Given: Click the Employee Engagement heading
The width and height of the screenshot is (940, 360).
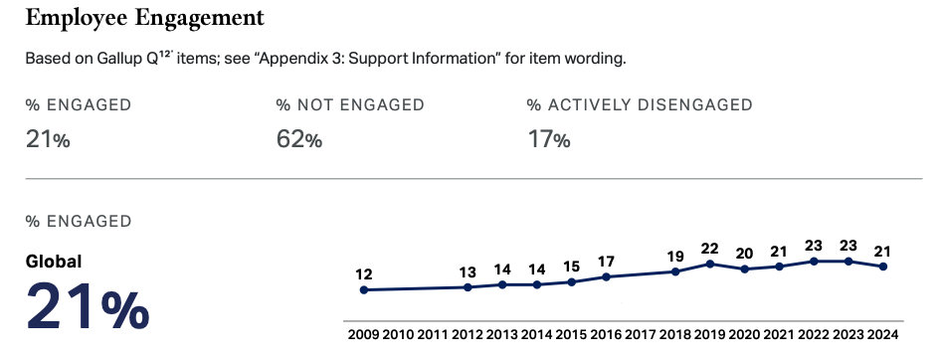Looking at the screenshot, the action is pos(144,19).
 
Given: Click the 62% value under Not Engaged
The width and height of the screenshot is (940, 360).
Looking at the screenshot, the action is pos(299,139).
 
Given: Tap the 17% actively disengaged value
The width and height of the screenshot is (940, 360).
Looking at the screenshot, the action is pos(548,139).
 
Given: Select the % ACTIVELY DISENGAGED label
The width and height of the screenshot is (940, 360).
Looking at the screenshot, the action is pos(640,104).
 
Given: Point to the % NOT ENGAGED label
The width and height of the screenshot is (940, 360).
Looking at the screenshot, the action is pos(350,104).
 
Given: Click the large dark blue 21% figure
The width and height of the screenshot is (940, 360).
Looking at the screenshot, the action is pos(88,305).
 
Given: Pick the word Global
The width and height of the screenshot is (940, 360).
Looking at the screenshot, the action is pos(54,262).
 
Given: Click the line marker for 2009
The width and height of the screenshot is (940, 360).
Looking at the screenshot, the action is pos(363,290).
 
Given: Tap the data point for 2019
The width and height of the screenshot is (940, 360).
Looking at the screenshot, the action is pos(710,264).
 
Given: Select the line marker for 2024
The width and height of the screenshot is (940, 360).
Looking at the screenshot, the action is pos(883,267).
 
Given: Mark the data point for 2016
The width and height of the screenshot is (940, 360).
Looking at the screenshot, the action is pos(606,276).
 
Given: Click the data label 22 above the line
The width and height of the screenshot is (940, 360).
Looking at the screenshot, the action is pos(710,248).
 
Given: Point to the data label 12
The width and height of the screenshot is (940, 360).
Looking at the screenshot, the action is pos(363,274).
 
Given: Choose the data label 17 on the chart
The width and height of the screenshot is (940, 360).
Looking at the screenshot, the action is pos(606,262).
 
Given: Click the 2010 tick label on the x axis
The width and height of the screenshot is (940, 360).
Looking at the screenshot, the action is pos(398,334).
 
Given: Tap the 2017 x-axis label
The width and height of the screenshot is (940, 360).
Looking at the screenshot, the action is pos(641,334).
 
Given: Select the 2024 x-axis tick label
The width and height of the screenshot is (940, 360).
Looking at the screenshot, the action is pos(883,334).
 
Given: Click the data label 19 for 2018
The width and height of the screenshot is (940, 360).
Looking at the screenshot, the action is pos(675,257).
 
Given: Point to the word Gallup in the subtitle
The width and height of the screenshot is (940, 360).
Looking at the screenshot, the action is pos(118,60).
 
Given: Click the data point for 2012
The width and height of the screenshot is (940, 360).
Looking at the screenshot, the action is pos(468,287).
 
